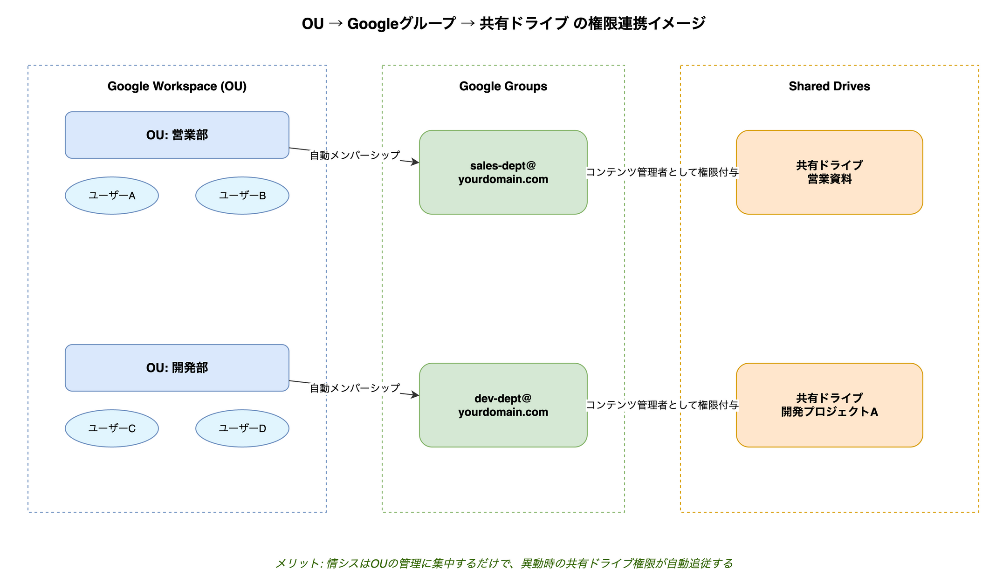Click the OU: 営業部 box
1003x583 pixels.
click(177, 135)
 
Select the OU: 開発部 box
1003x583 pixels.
click(177, 368)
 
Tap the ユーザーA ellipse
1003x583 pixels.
click(112, 196)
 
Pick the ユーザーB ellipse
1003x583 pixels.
click(242, 196)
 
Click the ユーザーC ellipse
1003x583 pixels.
click(112, 428)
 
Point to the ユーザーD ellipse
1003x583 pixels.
click(242, 428)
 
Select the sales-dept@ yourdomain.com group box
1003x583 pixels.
click(503, 172)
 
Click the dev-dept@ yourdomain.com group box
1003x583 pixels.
click(503, 405)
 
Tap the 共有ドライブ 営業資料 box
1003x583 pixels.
click(829, 172)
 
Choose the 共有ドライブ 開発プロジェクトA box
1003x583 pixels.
click(829, 405)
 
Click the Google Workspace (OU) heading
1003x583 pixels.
click(177, 86)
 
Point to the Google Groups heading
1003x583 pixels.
click(503, 86)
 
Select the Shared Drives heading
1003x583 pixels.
click(829, 86)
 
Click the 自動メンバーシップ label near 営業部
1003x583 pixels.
click(355, 156)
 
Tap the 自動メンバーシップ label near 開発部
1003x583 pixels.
click(355, 388)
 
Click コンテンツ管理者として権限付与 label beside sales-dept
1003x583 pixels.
click(662, 172)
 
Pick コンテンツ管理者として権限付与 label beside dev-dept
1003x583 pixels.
click(662, 405)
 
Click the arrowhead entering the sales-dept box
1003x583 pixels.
click(415, 163)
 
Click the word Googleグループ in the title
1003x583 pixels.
click(401, 23)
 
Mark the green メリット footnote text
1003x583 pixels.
click(503, 563)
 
